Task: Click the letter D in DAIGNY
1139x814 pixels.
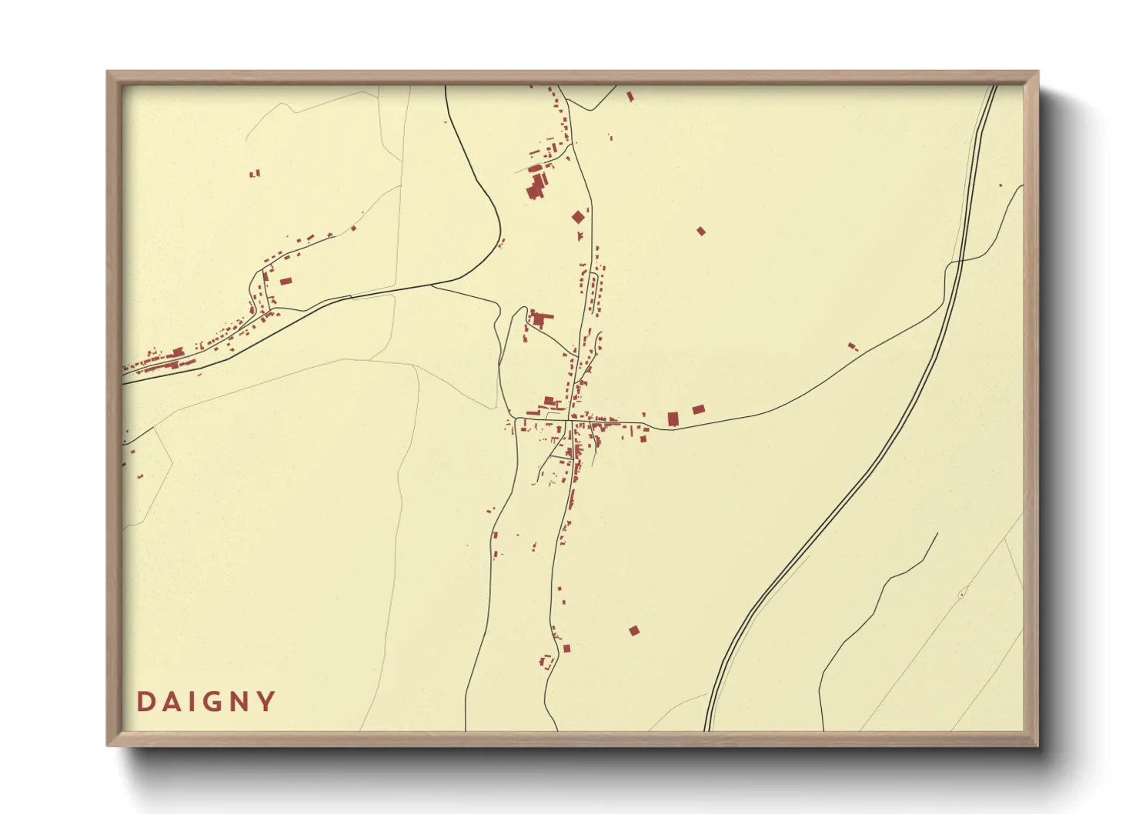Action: click(x=144, y=702)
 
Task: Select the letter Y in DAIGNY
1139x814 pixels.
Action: click(x=266, y=702)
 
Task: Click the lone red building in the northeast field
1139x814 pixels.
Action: click(x=700, y=231)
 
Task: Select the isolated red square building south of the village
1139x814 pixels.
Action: click(x=634, y=631)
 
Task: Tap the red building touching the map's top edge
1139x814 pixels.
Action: click(x=630, y=96)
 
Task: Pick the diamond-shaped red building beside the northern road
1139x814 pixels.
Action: click(x=579, y=217)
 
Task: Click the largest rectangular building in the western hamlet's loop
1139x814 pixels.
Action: click(x=286, y=282)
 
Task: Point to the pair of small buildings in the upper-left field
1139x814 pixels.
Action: click(x=255, y=174)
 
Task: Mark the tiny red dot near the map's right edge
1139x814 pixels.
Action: click(x=1000, y=185)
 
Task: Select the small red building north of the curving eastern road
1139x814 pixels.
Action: click(x=852, y=346)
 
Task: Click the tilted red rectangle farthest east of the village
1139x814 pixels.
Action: click(x=698, y=410)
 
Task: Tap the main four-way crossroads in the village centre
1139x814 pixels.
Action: click(x=568, y=420)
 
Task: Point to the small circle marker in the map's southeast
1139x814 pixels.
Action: click(x=961, y=595)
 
